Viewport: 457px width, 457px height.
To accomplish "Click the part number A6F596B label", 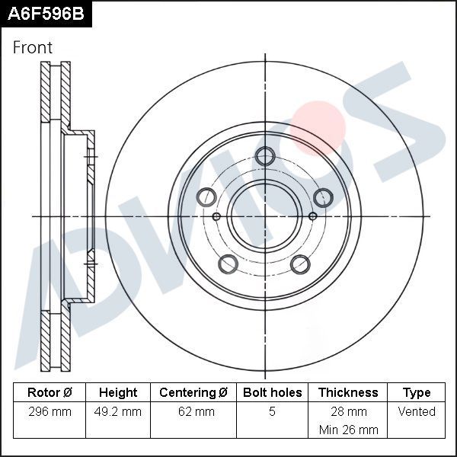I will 45,14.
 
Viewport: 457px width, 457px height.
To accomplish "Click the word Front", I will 33,47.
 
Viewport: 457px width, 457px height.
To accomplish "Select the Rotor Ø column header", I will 50,393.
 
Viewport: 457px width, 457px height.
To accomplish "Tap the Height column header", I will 118,393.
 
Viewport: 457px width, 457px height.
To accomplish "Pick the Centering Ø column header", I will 193,393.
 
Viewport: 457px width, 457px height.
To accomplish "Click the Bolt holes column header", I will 272,393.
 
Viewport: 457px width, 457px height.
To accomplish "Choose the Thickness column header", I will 348,393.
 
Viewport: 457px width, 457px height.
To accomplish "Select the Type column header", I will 417,393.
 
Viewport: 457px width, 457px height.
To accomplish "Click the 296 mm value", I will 50,412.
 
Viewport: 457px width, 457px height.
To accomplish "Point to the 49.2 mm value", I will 118,412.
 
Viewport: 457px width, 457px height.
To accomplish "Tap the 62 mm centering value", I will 193,412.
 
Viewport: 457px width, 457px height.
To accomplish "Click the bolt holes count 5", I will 272,412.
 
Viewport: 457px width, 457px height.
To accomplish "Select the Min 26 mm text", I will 348,430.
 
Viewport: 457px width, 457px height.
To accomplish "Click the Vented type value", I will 417,412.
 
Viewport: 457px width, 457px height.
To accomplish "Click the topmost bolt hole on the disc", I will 265,157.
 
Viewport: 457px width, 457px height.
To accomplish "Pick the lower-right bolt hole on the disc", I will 301,264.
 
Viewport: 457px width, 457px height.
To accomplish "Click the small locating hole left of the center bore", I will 216,217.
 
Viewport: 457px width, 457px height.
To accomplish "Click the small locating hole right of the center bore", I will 313,217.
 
